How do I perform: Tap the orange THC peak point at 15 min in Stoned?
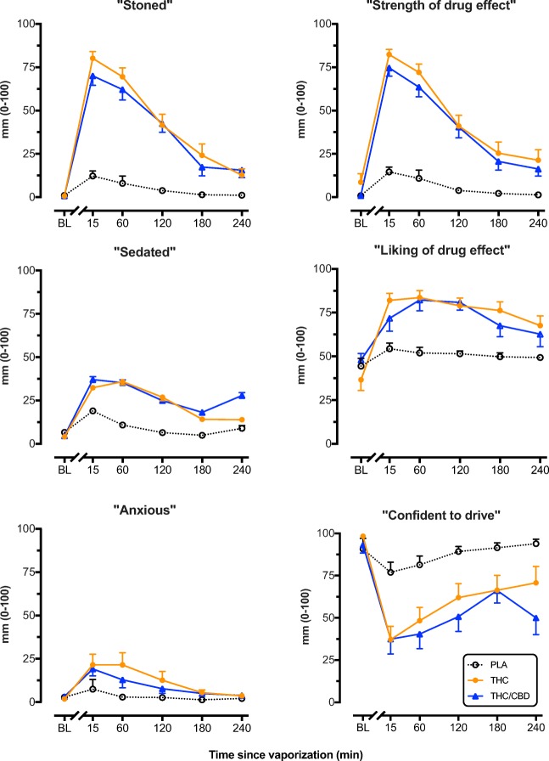(92, 58)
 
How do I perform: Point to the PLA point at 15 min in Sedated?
(92, 411)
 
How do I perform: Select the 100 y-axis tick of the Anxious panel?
(27, 528)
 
